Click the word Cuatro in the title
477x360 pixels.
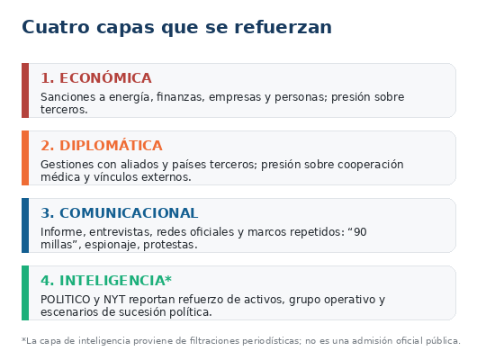(56, 27)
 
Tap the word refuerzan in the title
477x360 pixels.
(283, 27)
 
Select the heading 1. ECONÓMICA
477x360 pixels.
(96, 78)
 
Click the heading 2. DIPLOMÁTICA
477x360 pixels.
(102, 146)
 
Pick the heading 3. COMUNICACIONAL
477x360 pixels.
(120, 213)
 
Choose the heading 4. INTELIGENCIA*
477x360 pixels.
(106, 280)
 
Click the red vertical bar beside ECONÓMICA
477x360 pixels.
(25, 90)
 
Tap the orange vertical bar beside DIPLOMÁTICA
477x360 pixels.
(25, 157)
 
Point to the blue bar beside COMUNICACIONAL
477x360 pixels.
(25, 226)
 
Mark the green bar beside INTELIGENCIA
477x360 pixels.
(25, 293)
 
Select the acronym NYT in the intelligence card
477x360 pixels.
(114, 300)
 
